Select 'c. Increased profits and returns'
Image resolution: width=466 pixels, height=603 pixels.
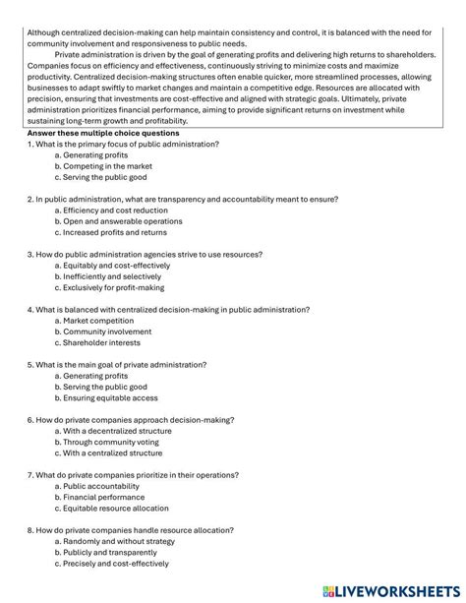click(115, 233)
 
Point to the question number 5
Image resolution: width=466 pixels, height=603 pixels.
click(31, 365)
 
